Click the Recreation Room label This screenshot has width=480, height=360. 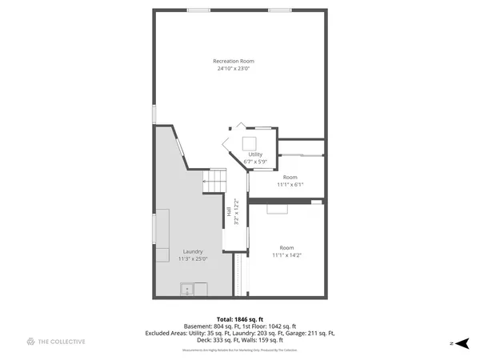(x=233, y=62)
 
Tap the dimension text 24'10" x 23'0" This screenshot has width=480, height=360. (x=233, y=69)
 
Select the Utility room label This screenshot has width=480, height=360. (x=254, y=154)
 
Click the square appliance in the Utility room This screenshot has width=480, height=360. (x=250, y=144)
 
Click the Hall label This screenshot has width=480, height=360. (x=229, y=212)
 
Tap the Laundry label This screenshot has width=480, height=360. (x=192, y=251)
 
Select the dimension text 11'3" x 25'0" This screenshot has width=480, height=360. (x=192, y=258)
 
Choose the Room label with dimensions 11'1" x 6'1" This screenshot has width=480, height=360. (x=290, y=177)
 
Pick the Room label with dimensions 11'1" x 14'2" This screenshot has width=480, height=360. (x=286, y=247)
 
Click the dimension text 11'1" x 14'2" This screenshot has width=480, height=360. (x=286, y=254)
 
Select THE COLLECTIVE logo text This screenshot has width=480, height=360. (x=62, y=342)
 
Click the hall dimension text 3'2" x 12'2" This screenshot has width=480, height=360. (x=236, y=212)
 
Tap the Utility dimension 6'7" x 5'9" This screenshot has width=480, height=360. (x=254, y=162)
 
